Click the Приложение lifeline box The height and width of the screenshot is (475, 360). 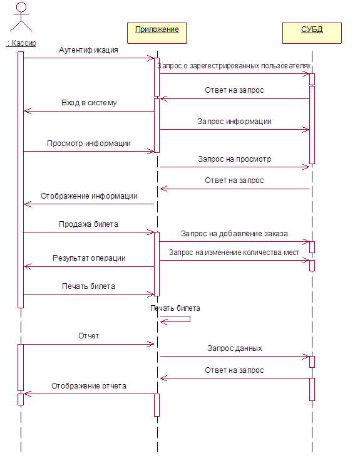click(x=157, y=33)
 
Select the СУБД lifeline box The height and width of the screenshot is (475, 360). click(x=312, y=33)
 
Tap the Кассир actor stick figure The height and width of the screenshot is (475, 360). click(x=21, y=17)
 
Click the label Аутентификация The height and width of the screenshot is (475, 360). click(x=88, y=50)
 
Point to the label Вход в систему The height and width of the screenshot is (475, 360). click(x=89, y=103)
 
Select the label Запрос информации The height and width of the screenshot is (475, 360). click(x=234, y=122)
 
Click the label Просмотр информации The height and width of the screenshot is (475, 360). click(x=89, y=144)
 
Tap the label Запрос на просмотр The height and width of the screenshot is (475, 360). click(x=234, y=159)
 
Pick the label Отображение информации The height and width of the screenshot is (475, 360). click(x=89, y=196)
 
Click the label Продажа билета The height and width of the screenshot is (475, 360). click(x=88, y=224)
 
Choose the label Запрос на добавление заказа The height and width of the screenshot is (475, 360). click(x=234, y=234)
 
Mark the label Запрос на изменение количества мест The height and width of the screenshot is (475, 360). click(x=234, y=253)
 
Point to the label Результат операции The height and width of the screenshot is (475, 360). click(x=89, y=258)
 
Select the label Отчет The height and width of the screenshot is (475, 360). click(x=89, y=336)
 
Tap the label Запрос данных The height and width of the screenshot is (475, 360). click(x=235, y=348)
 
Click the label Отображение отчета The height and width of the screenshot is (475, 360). click(x=89, y=386)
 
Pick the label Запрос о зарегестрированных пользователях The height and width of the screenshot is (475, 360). click(x=234, y=66)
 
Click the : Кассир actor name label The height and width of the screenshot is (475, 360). click(x=21, y=43)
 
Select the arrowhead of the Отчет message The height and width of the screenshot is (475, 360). click(x=151, y=344)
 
